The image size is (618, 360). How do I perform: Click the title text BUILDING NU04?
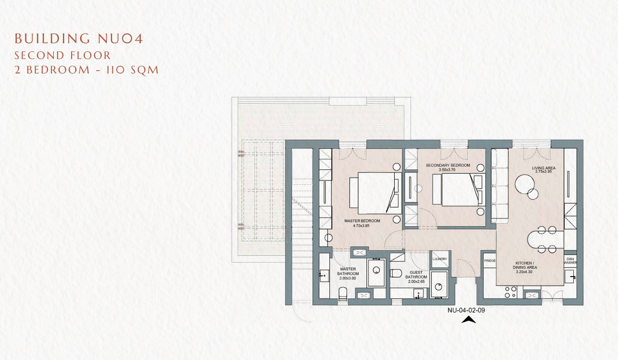click(79, 38)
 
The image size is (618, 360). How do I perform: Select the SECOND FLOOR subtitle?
click(62, 56)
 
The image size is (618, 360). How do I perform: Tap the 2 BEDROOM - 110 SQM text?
click(86, 70)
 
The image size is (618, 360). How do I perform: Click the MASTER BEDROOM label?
click(362, 221)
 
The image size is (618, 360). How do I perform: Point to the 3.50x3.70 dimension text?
click(448, 170)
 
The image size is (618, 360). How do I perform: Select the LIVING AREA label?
click(544, 168)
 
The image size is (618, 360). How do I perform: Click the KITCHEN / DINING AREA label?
click(525, 265)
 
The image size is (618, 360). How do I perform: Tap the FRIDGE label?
click(490, 261)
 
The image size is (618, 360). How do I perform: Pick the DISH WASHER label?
click(570, 261)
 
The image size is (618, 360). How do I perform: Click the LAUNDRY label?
click(440, 259)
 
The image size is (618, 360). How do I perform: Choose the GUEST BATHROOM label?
click(416, 275)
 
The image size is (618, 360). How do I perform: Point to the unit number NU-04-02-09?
click(466, 310)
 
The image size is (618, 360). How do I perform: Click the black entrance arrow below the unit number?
click(469, 320)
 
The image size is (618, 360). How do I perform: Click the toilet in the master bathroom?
click(343, 294)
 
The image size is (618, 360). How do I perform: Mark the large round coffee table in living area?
click(524, 184)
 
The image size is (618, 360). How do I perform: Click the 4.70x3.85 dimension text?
click(361, 226)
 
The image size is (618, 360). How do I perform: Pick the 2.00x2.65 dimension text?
click(416, 281)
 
